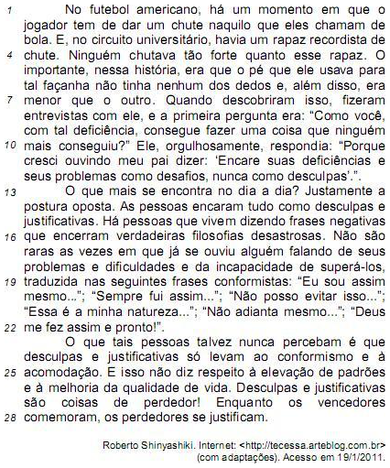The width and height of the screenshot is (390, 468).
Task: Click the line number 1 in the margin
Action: tap(8, 10)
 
